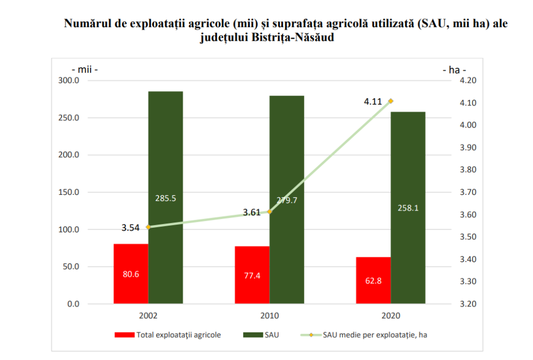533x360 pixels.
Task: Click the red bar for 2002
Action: click(131, 274)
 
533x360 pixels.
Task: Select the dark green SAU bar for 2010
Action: click(287, 200)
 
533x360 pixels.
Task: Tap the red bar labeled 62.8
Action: click(373, 280)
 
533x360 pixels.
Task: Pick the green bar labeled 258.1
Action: click(408, 207)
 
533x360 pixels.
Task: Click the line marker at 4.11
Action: click(391, 101)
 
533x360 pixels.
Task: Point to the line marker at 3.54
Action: click(148, 227)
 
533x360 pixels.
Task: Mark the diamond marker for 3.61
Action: click(270, 212)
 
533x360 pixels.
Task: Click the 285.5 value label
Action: click(166, 198)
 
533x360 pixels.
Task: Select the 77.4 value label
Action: click(252, 276)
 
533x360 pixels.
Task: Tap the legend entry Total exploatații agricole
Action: click(168, 335)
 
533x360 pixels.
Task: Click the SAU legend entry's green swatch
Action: click(253, 335)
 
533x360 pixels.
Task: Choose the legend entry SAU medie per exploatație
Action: click(364, 335)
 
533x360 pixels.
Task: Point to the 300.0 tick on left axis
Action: click(69, 80)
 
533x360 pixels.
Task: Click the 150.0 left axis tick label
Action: click(69, 192)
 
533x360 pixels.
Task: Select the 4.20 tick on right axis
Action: click(468, 80)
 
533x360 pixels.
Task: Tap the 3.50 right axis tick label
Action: click(468, 237)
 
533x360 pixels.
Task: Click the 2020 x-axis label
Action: click(391, 315)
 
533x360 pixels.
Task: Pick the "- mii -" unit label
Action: click(85, 69)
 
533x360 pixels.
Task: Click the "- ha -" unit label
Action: click(454, 70)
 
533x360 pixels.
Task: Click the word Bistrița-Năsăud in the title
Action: click(293, 37)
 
